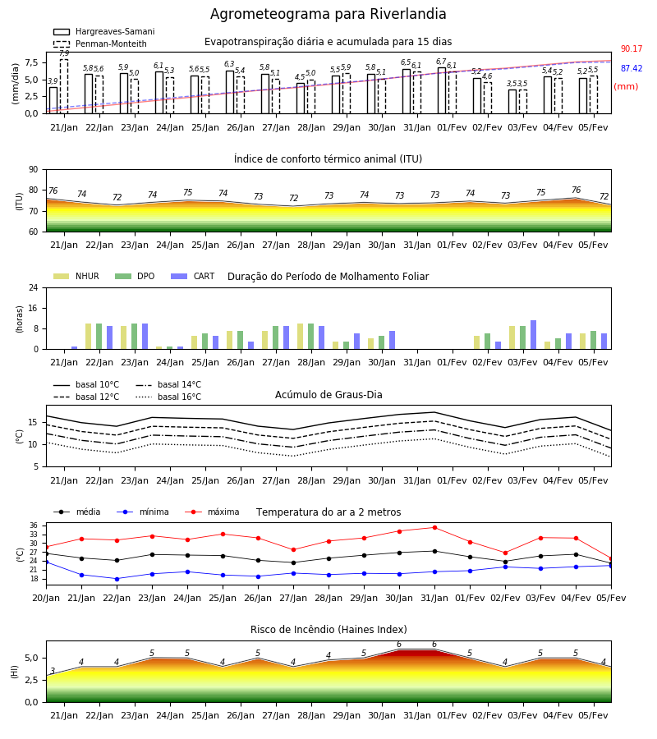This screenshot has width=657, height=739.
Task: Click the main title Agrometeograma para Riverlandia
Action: [328, 14]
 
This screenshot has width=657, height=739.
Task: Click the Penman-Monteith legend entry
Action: [100, 44]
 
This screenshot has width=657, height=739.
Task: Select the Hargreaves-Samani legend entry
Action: [103, 31]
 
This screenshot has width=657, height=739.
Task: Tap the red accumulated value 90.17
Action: [632, 48]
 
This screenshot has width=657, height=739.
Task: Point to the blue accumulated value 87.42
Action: [632, 68]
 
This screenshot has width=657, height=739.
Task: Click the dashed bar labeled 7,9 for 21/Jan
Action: [64, 86]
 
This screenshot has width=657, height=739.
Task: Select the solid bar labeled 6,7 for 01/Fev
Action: [442, 90]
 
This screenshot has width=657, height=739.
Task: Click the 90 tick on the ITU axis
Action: [34, 170]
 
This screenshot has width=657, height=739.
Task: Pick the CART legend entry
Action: [193, 276]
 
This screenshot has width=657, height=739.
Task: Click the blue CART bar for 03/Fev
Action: [534, 335]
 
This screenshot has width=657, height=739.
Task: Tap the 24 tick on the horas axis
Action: [34, 287]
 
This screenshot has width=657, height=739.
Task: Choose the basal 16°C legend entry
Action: [168, 397]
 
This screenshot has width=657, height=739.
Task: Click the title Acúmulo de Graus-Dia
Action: [328, 394]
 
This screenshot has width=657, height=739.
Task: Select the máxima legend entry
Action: [213, 512]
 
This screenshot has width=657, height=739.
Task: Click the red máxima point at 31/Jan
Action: [434, 527]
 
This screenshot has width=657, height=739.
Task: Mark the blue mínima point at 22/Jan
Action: [117, 579]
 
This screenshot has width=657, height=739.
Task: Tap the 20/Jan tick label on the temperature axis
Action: [46, 598]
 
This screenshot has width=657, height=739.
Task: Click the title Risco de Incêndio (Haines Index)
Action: [328, 630]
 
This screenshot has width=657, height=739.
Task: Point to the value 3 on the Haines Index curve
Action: [53, 671]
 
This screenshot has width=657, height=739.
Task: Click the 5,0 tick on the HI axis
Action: [31, 658]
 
